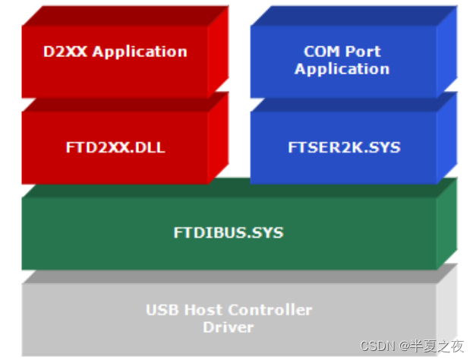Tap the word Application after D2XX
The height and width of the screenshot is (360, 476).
tap(140, 52)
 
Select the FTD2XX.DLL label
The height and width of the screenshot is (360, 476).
tap(115, 148)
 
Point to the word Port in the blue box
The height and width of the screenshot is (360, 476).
tap(363, 52)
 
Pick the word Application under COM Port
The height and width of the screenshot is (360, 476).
tap(342, 69)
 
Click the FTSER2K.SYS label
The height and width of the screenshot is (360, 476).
tap(343, 148)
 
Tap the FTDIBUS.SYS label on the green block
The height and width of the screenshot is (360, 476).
tap(229, 233)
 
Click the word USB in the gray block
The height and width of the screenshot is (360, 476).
tap(162, 310)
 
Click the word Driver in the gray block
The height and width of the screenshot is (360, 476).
tap(228, 327)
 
